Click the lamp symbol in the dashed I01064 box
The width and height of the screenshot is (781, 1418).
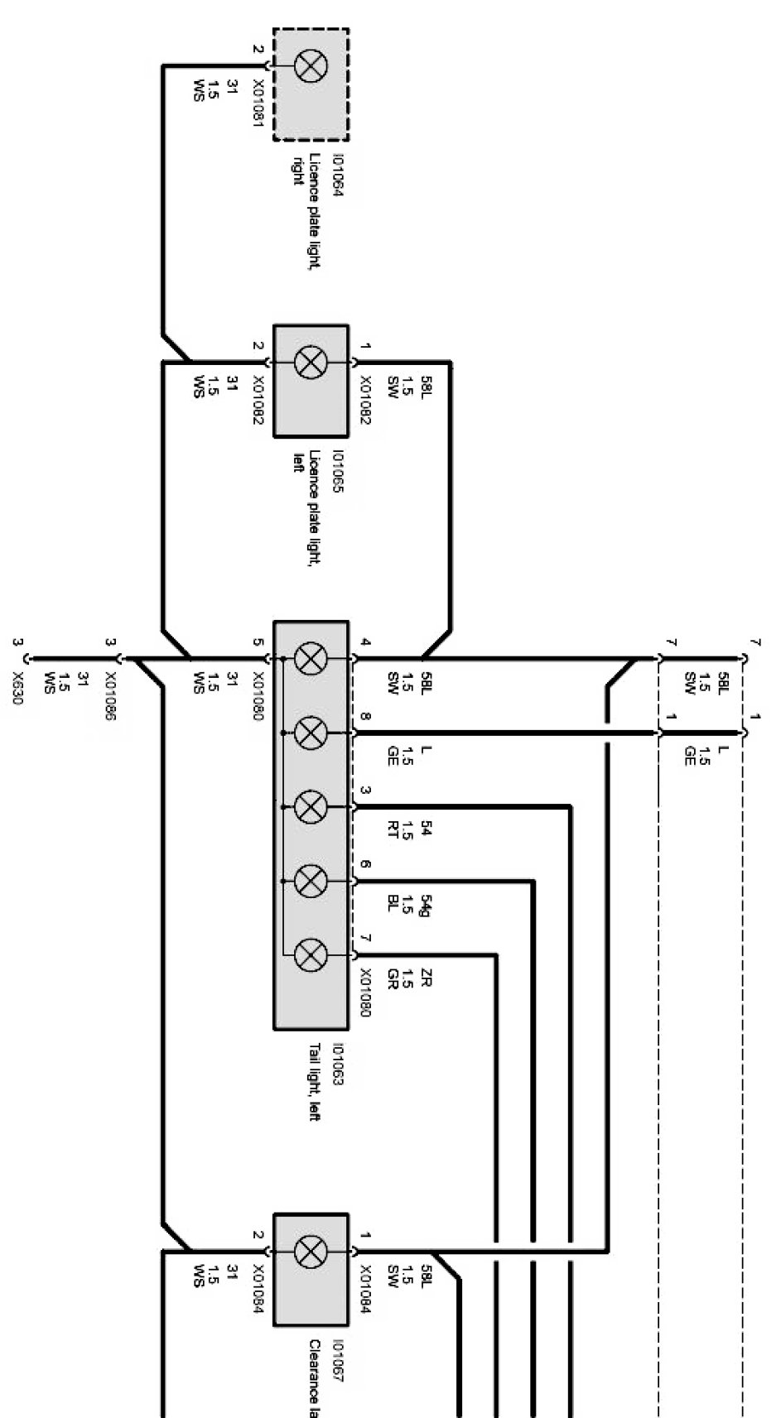tap(311, 66)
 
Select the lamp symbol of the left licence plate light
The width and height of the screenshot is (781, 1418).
tap(311, 363)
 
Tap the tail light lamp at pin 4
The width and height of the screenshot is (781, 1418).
tap(311, 660)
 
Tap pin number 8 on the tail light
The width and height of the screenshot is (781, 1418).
tap(365, 716)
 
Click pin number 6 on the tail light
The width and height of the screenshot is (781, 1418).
tap(365, 866)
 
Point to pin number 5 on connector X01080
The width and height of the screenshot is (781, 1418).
tap(258, 642)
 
